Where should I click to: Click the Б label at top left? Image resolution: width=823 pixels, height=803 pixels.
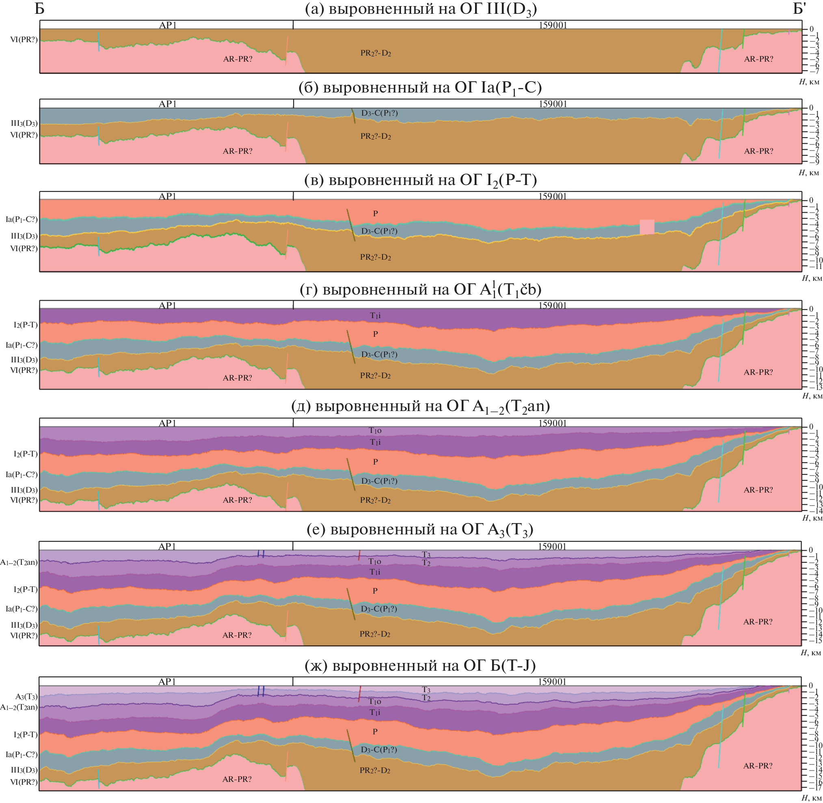click(39, 9)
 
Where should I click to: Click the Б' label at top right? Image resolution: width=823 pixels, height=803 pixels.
click(799, 9)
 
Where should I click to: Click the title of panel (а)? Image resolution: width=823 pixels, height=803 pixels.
click(421, 9)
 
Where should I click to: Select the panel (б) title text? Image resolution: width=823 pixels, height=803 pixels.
click(420, 88)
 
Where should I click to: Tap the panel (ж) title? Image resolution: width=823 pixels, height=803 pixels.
click(420, 666)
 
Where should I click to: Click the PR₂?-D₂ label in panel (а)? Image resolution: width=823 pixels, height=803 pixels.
click(376, 54)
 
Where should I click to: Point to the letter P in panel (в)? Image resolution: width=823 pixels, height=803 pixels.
click(375, 213)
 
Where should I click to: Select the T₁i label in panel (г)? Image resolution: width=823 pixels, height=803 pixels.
click(375, 315)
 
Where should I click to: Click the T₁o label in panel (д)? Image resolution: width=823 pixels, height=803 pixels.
click(375, 431)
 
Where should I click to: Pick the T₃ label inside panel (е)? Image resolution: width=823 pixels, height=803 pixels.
click(426, 554)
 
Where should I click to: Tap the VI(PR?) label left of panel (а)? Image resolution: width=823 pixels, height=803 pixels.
click(24, 40)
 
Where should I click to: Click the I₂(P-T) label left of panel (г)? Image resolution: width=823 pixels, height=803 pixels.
click(26, 325)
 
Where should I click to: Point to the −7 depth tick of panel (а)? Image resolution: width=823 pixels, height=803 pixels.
click(814, 71)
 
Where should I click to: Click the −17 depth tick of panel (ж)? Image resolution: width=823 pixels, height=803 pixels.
click(814, 788)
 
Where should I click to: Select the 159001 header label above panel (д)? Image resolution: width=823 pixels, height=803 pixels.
click(552, 423)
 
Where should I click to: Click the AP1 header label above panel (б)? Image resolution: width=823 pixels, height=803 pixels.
click(168, 104)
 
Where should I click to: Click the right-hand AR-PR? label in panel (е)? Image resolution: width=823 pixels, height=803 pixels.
click(758, 622)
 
